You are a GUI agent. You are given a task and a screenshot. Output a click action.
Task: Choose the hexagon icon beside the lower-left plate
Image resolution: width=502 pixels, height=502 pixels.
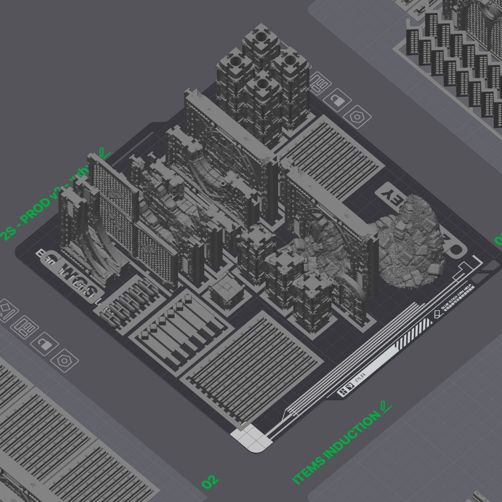pyautogui.click(x=64, y=360)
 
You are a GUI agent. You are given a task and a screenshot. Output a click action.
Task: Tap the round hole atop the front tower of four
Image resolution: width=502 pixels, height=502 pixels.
pyautogui.click(x=262, y=83)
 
